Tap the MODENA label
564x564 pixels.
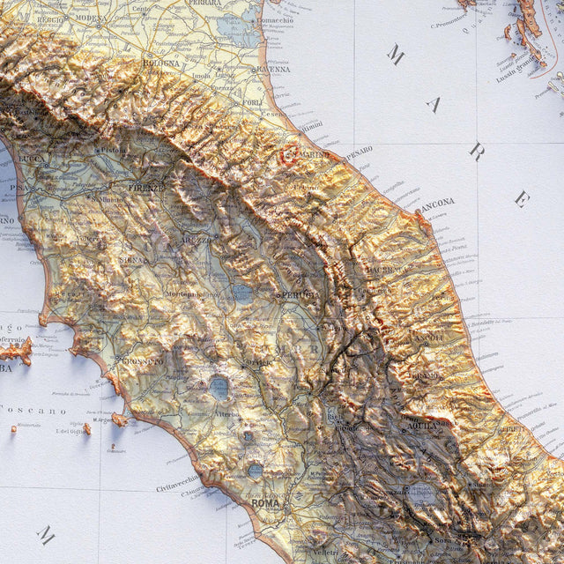tap(91, 18)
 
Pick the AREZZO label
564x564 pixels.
tap(197, 239)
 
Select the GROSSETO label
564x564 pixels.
tap(143, 360)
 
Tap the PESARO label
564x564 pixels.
tap(358, 151)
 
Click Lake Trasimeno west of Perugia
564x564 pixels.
tap(242, 293)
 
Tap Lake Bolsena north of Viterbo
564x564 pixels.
tap(219, 386)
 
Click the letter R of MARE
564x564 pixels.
tap(476, 151)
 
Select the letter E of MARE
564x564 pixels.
tap(522, 198)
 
